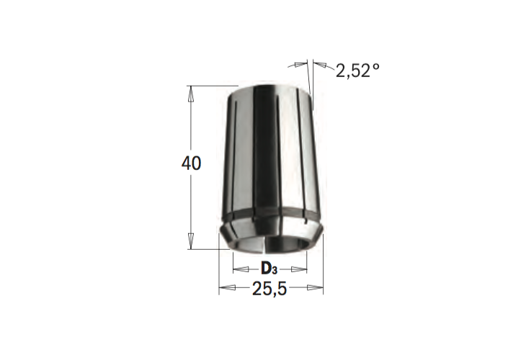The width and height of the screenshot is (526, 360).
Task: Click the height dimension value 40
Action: point(191,164)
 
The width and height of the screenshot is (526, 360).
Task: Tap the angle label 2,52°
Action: point(357,71)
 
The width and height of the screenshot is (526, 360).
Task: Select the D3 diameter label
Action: point(269,269)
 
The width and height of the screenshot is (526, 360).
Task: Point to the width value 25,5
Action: point(270,289)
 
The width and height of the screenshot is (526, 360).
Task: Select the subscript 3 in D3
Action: point(275,272)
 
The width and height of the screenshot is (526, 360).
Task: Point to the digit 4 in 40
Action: point(186,164)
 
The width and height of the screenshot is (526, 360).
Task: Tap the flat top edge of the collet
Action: point(272,86)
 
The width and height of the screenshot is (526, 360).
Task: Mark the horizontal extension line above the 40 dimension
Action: point(209,86)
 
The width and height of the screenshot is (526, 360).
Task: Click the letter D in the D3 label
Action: point(266,269)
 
